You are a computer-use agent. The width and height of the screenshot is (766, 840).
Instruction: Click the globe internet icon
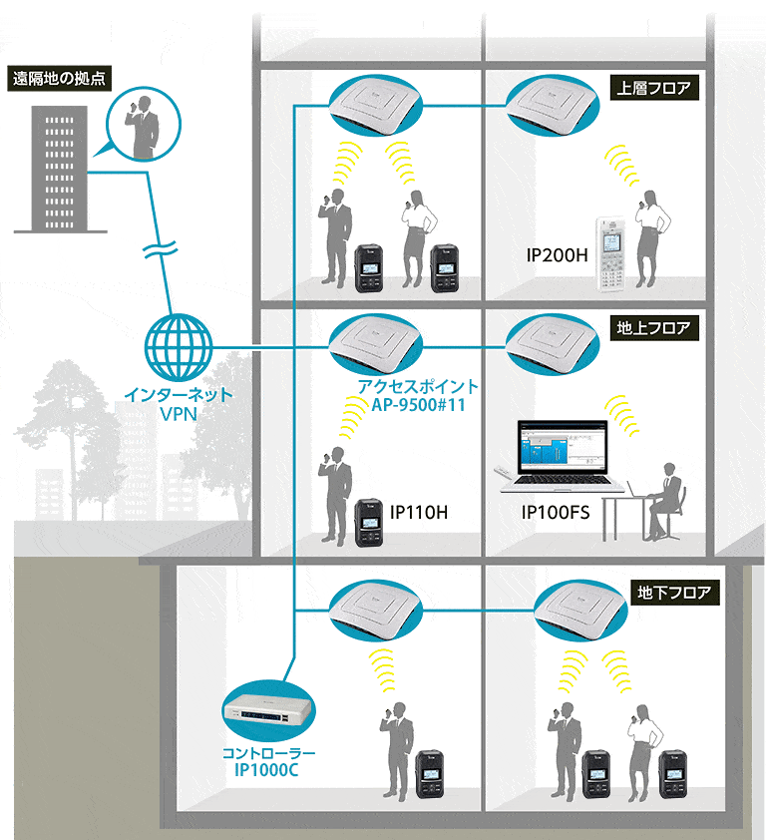(x=180, y=347)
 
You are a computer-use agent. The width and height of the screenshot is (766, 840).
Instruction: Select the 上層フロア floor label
(x=653, y=88)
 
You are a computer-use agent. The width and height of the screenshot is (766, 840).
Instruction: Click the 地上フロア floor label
(x=653, y=327)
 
